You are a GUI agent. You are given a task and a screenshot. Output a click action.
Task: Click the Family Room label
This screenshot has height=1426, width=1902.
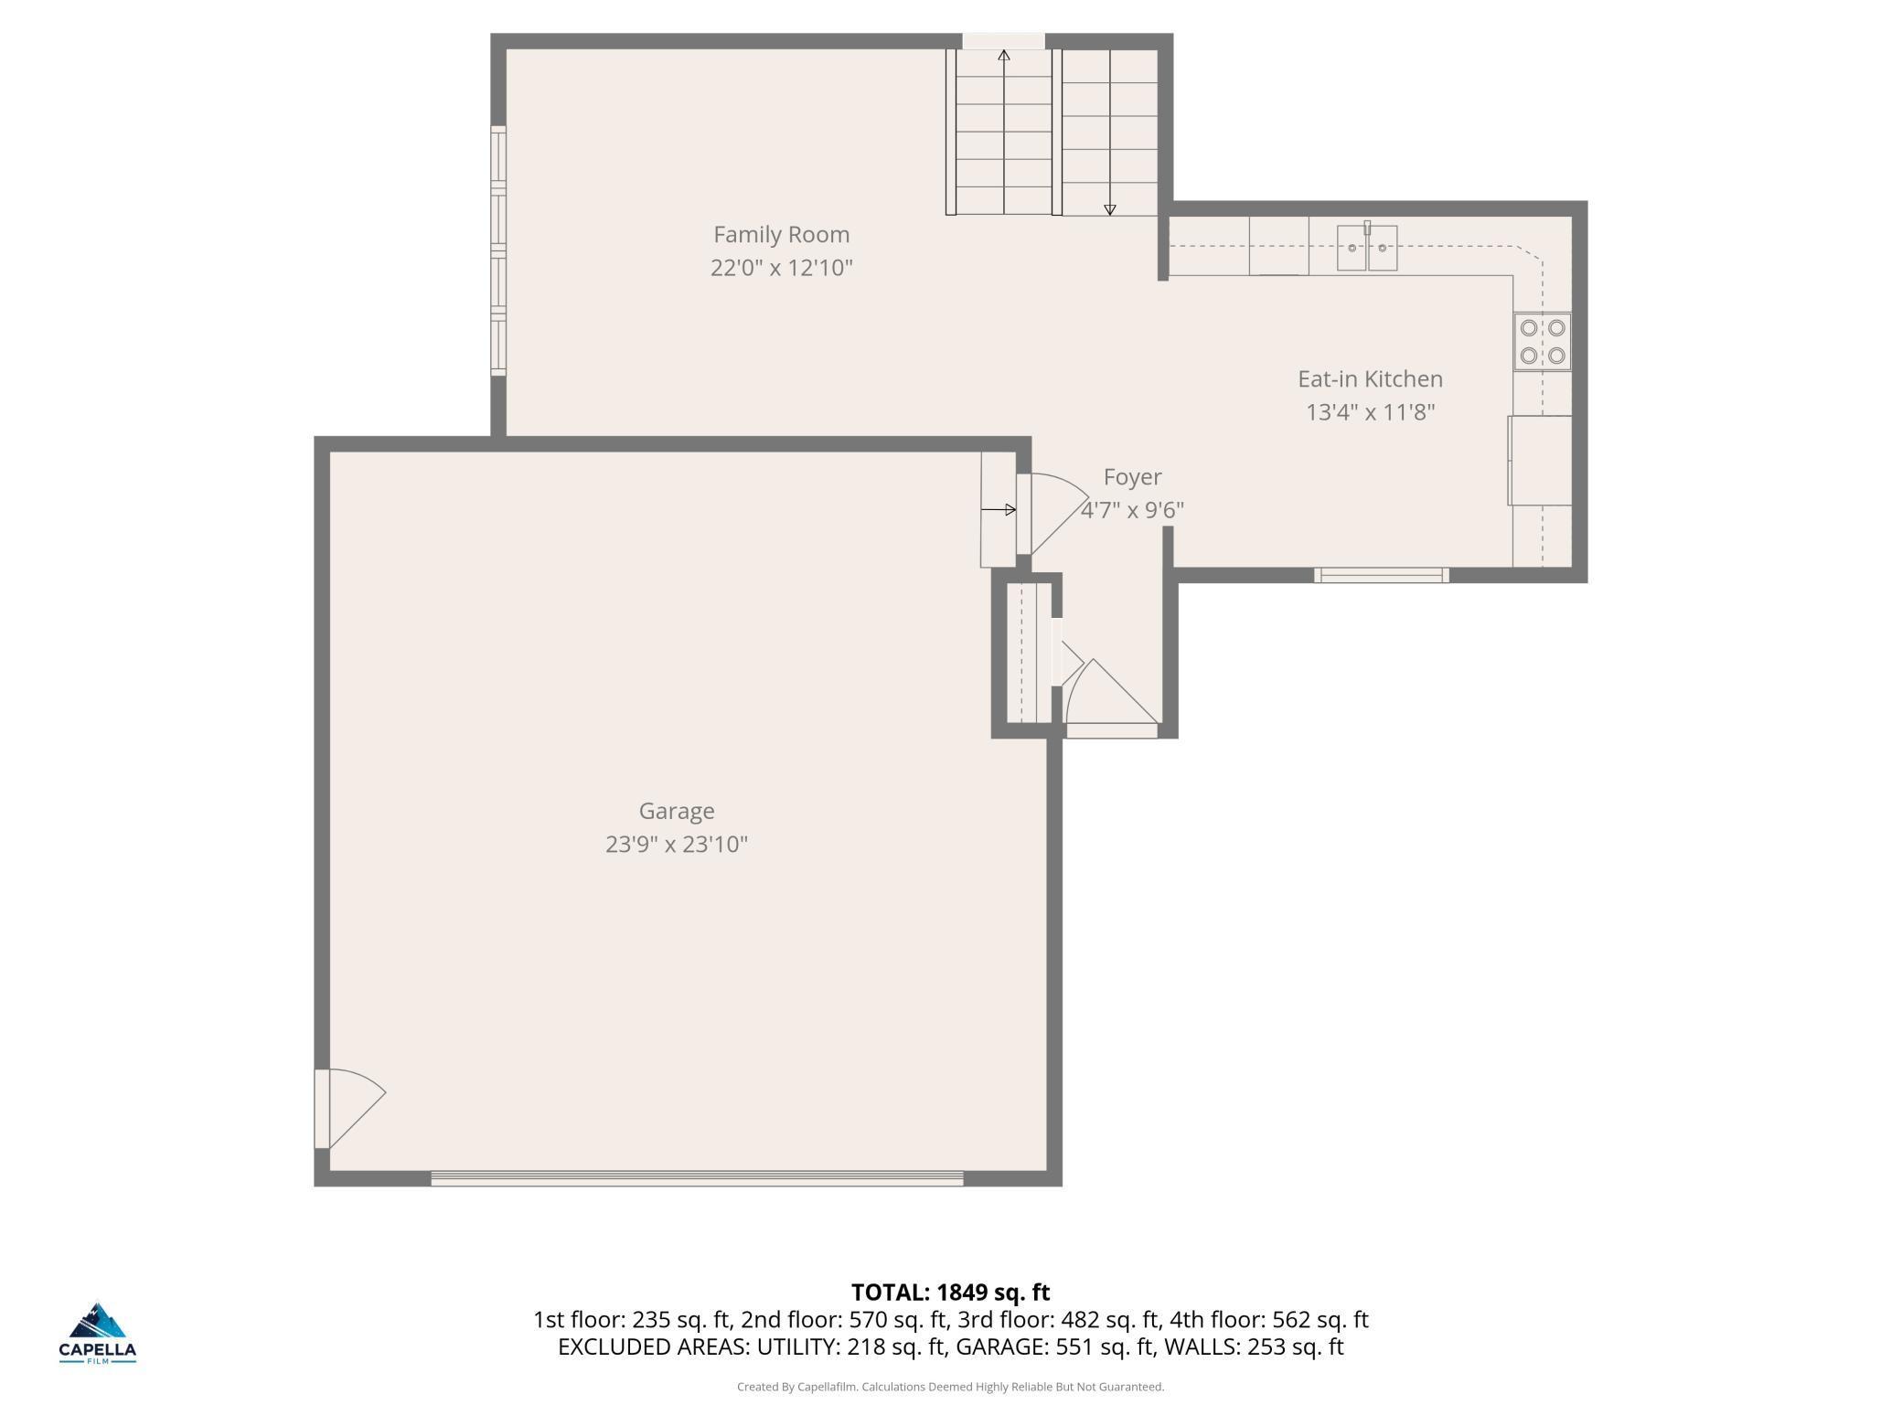click(781, 235)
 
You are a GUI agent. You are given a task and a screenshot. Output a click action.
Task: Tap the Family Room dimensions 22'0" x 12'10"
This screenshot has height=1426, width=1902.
click(781, 268)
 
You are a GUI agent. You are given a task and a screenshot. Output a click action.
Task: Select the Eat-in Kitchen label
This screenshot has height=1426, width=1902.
click(1370, 379)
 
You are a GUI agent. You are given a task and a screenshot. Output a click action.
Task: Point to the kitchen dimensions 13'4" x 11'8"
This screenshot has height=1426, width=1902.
click(1370, 412)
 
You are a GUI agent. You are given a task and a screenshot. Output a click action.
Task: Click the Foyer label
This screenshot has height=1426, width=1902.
click(1132, 477)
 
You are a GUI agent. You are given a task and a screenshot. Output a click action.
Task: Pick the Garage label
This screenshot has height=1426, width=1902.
click(677, 812)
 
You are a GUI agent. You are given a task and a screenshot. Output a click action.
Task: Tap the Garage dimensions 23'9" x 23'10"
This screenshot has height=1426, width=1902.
click(677, 844)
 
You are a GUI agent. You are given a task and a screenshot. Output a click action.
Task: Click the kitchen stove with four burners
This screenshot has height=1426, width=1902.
click(1542, 342)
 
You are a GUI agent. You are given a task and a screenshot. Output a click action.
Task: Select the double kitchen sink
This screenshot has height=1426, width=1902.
click(1367, 248)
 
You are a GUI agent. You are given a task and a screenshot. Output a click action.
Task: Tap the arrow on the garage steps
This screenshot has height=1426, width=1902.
click(998, 509)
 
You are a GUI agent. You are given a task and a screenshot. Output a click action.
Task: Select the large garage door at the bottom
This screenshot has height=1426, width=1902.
click(697, 1178)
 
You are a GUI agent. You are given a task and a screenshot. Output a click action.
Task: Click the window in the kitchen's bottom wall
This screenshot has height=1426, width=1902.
click(1382, 575)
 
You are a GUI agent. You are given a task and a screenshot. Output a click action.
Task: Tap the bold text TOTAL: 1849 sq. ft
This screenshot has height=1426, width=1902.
click(950, 1293)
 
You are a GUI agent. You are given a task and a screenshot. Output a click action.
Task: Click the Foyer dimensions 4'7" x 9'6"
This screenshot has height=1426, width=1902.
click(1132, 510)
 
